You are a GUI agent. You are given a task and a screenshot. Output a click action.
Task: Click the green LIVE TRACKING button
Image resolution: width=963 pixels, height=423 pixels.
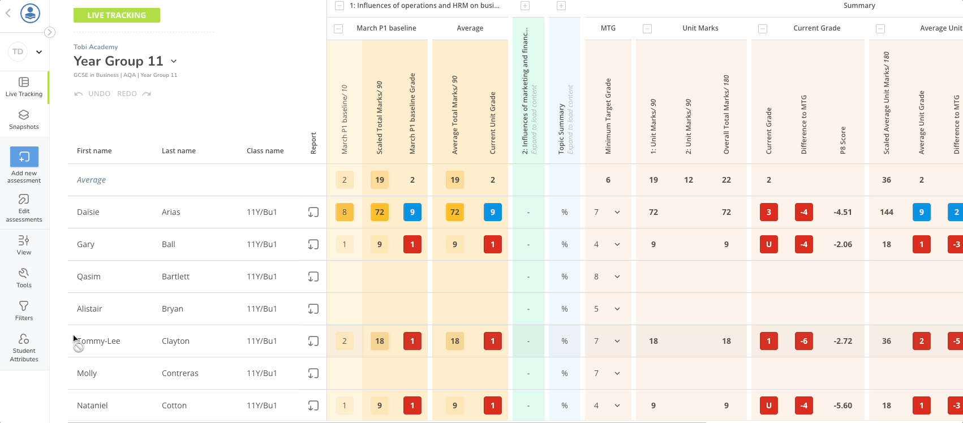click(x=117, y=15)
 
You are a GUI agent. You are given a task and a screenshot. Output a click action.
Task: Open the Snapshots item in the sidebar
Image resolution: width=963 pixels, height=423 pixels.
click(x=24, y=119)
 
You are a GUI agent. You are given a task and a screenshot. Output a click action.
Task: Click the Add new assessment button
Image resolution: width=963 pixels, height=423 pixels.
click(x=24, y=165)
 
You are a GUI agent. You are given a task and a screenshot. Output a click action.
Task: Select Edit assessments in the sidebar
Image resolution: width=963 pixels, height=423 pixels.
click(x=24, y=208)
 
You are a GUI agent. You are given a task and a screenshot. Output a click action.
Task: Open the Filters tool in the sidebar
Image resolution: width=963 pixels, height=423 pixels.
click(x=24, y=310)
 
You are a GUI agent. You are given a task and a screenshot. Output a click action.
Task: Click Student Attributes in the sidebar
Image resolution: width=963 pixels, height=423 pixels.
click(x=24, y=347)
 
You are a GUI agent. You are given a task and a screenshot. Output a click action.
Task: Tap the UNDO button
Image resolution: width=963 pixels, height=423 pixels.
click(x=93, y=94)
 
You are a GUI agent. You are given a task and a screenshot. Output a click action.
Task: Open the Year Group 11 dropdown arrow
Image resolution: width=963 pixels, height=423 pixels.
click(x=174, y=61)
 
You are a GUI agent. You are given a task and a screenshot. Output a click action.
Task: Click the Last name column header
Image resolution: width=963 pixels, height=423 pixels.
click(x=179, y=151)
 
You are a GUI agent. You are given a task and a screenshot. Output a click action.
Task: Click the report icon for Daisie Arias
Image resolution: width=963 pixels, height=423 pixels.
click(x=313, y=212)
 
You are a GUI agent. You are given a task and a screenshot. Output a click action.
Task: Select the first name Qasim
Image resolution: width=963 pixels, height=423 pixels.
click(x=89, y=277)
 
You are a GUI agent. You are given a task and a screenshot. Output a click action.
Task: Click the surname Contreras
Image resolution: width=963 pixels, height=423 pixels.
click(x=180, y=373)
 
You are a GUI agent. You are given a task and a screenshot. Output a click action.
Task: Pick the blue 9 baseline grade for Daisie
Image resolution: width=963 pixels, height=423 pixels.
click(x=412, y=212)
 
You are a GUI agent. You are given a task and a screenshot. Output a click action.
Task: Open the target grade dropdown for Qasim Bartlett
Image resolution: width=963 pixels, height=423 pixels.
click(x=617, y=277)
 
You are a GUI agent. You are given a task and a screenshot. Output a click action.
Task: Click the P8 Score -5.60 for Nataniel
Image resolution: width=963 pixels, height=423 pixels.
click(x=843, y=405)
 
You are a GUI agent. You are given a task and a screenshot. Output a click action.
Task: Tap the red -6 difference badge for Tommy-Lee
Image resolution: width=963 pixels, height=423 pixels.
click(x=804, y=341)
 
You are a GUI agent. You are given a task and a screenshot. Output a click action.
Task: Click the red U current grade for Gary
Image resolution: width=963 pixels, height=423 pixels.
click(x=769, y=244)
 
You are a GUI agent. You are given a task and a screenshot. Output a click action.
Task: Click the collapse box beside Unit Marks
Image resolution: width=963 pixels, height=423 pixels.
click(x=647, y=29)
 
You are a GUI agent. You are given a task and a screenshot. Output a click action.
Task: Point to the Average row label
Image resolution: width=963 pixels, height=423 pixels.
click(x=92, y=180)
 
